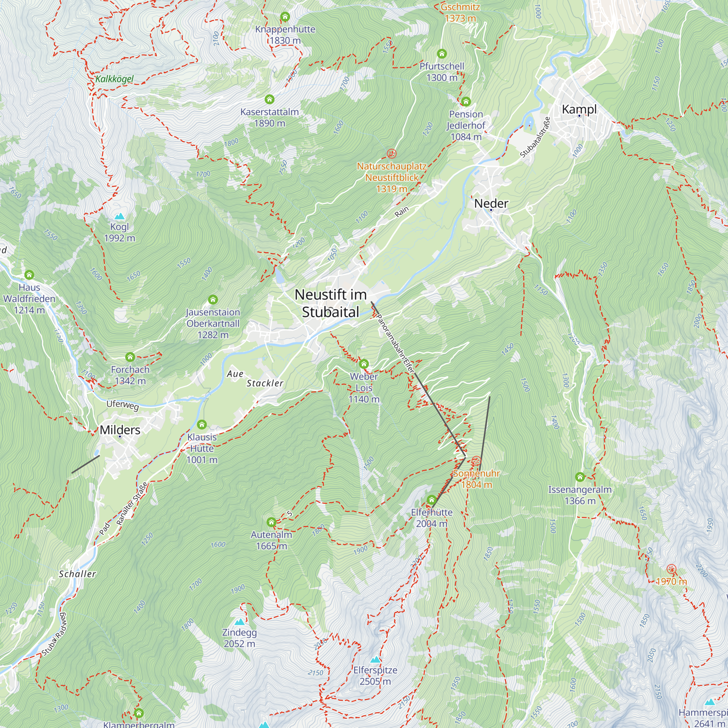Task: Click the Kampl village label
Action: [579, 109]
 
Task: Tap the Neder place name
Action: [491, 203]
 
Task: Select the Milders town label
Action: [120, 430]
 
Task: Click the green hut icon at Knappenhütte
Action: [285, 17]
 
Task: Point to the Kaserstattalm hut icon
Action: [269, 99]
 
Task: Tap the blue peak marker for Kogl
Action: [119, 216]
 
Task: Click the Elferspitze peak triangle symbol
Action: [375, 660]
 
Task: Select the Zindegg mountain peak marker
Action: [239, 622]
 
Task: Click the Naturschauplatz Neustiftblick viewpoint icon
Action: [392, 153]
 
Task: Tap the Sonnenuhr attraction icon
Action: [476, 461]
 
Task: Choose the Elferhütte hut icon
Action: [431, 500]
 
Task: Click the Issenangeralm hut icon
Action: [580, 477]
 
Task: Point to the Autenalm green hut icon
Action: [271, 522]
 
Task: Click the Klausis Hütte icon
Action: [202, 425]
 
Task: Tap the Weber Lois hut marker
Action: [364, 364]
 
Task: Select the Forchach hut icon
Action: [130, 357]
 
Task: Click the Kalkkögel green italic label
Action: [115, 79]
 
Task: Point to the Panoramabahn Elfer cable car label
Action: [395, 344]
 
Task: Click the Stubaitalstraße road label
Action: [535, 137]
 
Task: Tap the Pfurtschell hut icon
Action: [442, 54]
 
